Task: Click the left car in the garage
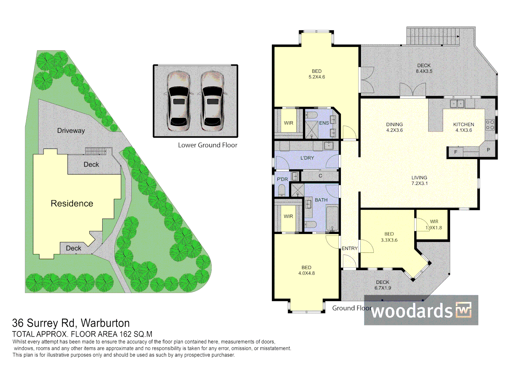[x=178, y=101]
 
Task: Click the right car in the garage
[x=212, y=101]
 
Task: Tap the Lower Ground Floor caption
[x=207, y=145]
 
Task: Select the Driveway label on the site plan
[x=71, y=131]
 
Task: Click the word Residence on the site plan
[x=72, y=203]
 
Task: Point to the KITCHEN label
[x=464, y=124]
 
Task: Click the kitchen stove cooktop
[x=490, y=124]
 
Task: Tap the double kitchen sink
[x=457, y=103]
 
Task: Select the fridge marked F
[x=455, y=152]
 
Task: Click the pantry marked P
[x=489, y=150]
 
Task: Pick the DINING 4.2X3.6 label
[x=394, y=127]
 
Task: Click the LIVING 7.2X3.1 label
[x=419, y=180]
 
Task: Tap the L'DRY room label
[x=307, y=158]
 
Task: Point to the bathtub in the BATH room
[x=332, y=218]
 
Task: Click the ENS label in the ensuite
[x=324, y=123]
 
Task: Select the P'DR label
[x=283, y=179]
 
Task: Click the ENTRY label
[x=349, y=249]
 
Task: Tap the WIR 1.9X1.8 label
[x=434, y=225]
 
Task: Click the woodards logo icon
[x=463, y=310]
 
